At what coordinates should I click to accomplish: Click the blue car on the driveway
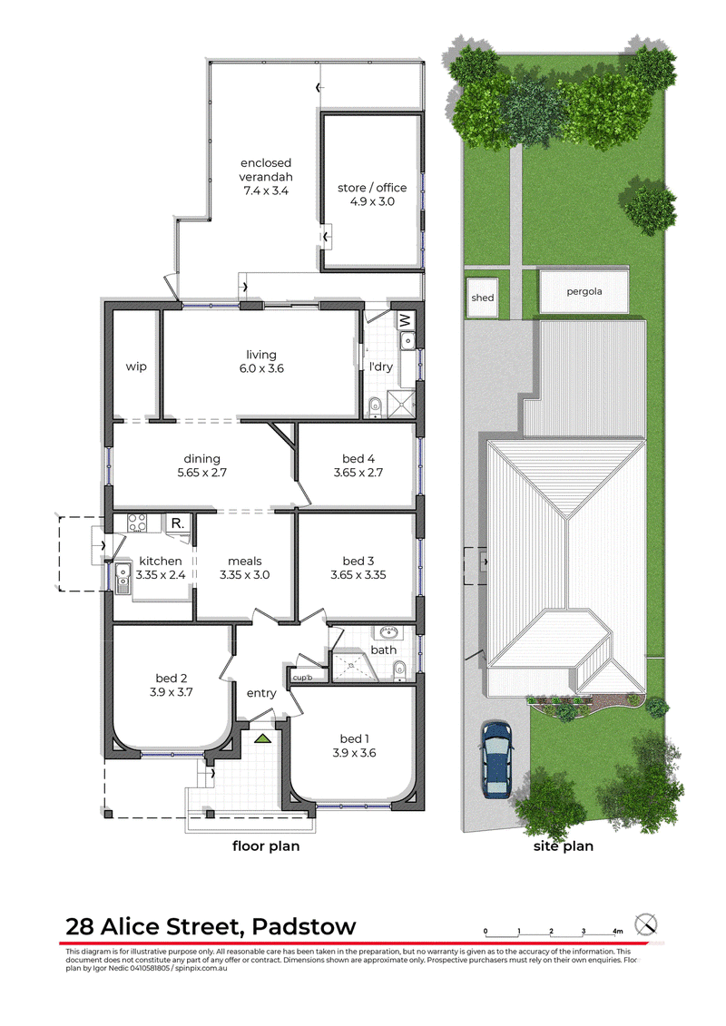click(x=496, y=759)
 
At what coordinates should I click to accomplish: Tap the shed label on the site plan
click(x=483, y=298)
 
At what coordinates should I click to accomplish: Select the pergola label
click(x=584, y=292)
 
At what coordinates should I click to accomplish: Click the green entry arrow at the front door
click(x=263, y=738)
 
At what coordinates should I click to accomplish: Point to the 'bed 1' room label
click(x=354, y=738)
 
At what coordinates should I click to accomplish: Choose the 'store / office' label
click(x=372, y=188)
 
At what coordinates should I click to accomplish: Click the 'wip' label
click(x=136, y=366)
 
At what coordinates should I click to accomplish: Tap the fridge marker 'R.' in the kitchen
click(x=177, y=523)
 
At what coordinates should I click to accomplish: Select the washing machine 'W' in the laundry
click(x=406, y=320)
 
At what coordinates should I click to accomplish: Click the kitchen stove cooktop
click(x=137, y=523)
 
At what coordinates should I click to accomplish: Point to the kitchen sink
click(x=123, y=578)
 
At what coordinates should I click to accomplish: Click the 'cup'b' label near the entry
click(x=302, y=678)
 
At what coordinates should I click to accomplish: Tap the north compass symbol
click(x=646, y=925)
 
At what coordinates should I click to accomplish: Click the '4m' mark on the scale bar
click(x=617, y=931)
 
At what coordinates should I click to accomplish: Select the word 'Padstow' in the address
click(x=304, y=926)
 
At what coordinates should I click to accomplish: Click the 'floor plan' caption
click(x=266, y=846)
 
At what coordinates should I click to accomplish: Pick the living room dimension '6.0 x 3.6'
click(x=261, y=368)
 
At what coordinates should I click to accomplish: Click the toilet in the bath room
click(x=399, y=669)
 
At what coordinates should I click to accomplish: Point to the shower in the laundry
click(x=400, y=404)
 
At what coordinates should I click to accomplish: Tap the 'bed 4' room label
click(x=358, y=459)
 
